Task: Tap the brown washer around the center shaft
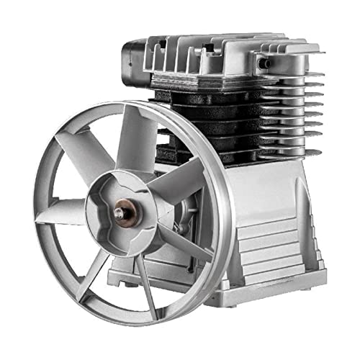pos(124,214)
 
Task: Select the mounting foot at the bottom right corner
pos(310,277)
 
